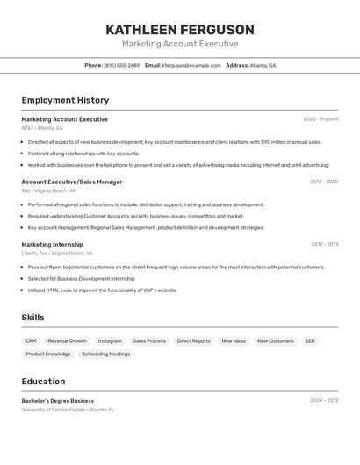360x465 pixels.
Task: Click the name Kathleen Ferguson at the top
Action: pyautogui.click(x=180, y=30)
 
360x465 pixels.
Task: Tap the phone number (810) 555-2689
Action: pyautogui.click(x=121, y=65)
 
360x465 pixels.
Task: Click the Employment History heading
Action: pyautogui.click(x=65, y=100)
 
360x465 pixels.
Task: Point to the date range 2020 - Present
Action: pyautogui.click(x=320, y=119)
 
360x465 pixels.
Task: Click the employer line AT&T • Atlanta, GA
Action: pyautogui.click(x=42, y=128)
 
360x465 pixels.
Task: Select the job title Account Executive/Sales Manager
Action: pyautogui.click(x=72, y=182)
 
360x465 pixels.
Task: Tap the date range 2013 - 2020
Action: pyautogui.click(x=324, y=182)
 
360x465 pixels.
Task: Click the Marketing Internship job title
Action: pyautogui.click(x=53, y=245)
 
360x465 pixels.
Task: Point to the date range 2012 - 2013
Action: pyautogui.click(x=324, y=245)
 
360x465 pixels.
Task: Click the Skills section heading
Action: pyautogui.click(x=32, y=318)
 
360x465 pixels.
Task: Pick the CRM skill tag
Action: pyautogui.click(x=31, y=340)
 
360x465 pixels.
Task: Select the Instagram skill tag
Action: pyautogui.click(x=110, y=340)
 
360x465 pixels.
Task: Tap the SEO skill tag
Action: pyautogui.click(x=310, y=340)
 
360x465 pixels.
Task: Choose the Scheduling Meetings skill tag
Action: pyautogui.click(x=105, y=354)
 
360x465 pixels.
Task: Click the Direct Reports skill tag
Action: pyautogui.click(x=193, y=340)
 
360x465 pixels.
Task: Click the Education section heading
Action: pyautogui.click(x=43, y=382)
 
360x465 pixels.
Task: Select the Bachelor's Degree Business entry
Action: pyautogui.click(x=58, y=401)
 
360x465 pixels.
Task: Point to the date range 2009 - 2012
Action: pyautogui.click(x=324, y=401)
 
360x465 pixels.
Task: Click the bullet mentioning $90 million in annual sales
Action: pyautogui.click(x=174, y=141)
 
